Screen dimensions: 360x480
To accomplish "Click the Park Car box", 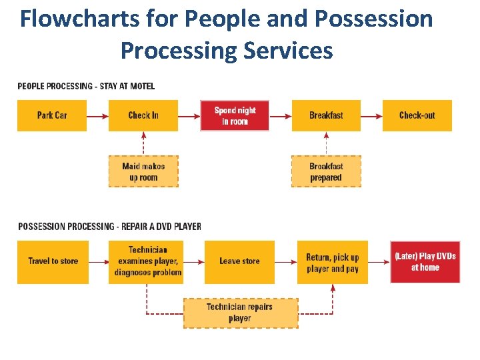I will tap(51, 115).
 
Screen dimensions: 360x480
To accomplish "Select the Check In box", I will tap(143, 115).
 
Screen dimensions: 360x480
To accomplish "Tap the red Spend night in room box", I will tap(235, 115).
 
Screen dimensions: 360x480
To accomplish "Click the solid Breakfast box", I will tap(326, 115).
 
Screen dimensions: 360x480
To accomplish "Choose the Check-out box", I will tap(417, 115).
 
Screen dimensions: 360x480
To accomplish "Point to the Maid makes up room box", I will tap(143, 171).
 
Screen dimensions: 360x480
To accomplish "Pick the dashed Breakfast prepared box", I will tap(326, 171).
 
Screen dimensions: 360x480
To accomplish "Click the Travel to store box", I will tap(53, 261).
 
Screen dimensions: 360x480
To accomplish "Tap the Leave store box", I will tap(239, 261).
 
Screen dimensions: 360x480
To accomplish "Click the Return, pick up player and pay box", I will tap(332, 262).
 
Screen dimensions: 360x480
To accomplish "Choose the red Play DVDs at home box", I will tap(425, 261).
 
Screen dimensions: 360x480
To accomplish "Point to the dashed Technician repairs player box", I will tap(239, 313).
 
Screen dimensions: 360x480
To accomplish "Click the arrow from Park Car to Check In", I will tap(97, 115).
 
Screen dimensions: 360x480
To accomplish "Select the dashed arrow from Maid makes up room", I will tap(143, 143).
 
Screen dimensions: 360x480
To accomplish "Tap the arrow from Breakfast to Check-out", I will tap(371, 115).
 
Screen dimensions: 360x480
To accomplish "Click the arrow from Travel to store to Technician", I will tap(99, 261).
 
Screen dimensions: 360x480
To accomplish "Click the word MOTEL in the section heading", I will tap(143, 86).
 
